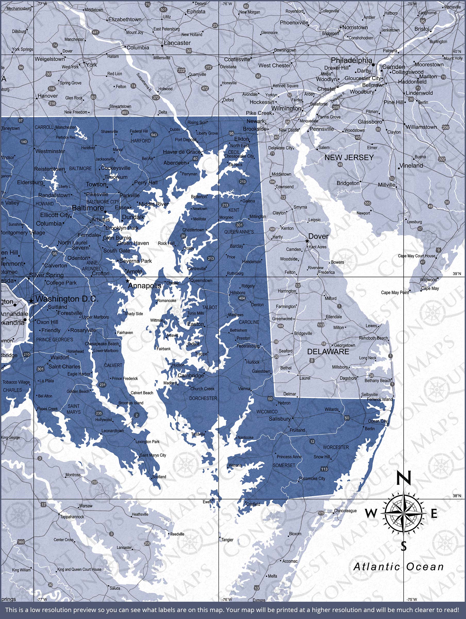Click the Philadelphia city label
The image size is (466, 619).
tap(351, 60)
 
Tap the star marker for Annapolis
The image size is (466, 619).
tap(128, 281)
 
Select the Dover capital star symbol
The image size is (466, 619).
tap(307, 241)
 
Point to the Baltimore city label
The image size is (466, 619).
tap(88, 208)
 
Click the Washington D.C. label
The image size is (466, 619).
tap(67, 299)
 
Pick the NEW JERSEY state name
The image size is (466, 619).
tap(349, 158)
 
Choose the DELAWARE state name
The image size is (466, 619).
tap(328, 352)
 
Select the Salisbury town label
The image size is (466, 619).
tap(279, 419)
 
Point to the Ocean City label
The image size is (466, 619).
tap(378, 421)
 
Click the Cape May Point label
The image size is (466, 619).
tap(395, 293)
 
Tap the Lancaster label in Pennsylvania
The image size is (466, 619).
tap(177, 43)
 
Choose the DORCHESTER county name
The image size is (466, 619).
tap(203, 398)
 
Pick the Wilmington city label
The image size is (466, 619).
tap(286, 108)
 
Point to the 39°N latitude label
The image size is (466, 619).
tap(457, 274)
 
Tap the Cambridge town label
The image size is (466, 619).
tap(191, 376)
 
